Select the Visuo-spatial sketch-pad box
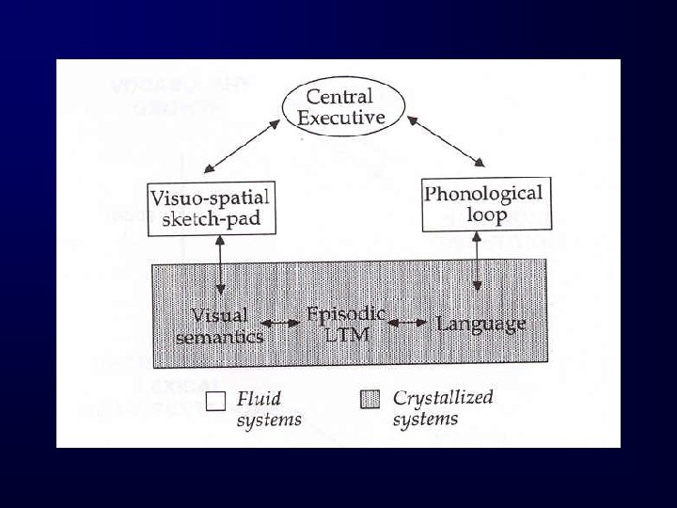(x=209, y=208)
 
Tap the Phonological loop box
(x=483, y=203)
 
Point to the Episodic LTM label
(x=346, y=323)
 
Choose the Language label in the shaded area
(x=480, y=324)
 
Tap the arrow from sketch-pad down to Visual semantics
(x=220, y=264)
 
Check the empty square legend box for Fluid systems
(x=215, y=402)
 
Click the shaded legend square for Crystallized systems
(x=371, y=400)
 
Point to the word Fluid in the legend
(x=259, y=399)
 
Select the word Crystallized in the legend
(x=443, y=398)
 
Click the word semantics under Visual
(x=219, y=335)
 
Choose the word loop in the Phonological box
(x=488, y=214)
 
